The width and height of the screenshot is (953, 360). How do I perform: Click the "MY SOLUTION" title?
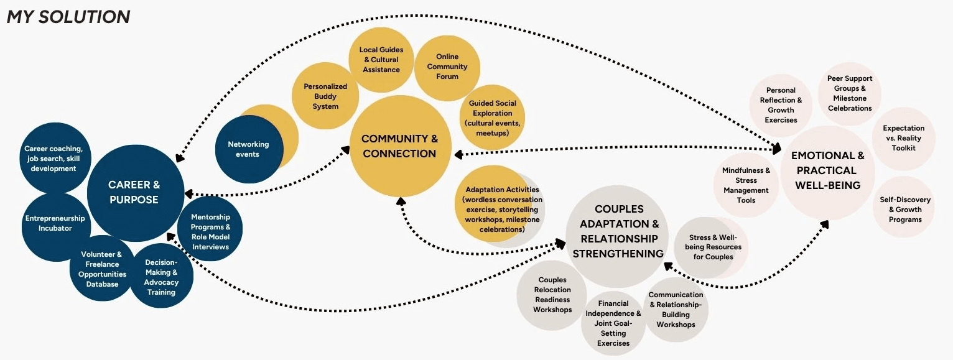pos(68,17)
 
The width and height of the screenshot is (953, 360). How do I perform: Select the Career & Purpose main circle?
pos(134,192)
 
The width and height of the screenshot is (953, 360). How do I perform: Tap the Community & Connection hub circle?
pos(399,147)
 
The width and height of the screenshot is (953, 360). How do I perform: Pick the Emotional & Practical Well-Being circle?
pos(827,170)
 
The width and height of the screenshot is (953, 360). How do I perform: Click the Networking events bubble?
pos(248,149)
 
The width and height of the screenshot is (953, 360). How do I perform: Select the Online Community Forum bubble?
pos(447,67)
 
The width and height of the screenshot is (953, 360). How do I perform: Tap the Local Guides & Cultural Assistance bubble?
pos(381,60)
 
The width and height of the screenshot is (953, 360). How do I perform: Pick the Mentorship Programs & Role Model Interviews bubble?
pos(210,232)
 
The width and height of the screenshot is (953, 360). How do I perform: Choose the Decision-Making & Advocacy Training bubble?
pos(161,277)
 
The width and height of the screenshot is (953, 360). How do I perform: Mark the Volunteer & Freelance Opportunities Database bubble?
pos(102,269)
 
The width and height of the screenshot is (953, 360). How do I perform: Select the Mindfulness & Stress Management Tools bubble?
pos(746,185)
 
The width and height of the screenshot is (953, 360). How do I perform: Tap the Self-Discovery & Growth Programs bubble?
pos(904,210)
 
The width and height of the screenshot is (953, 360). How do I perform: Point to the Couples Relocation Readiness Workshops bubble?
pos(552,295)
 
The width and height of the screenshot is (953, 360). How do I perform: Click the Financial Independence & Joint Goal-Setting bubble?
pos(613,323)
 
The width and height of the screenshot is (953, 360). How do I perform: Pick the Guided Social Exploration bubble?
pos(492,118)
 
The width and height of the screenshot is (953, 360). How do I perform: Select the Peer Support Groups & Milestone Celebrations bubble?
pos(850,93)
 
